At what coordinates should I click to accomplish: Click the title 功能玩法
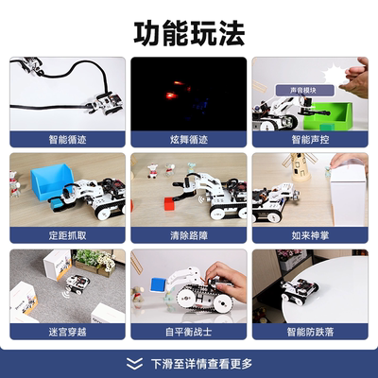(x=189, y=32)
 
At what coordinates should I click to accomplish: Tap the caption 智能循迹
(x=68, y=139)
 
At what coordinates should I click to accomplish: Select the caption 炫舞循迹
(x=188, y=139)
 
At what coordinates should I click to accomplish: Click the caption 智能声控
(x=309, y=139)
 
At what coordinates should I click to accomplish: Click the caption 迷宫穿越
(x=68, y=332)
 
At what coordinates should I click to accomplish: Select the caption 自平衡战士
(x=188, y=332)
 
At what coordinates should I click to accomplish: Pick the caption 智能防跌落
(x=309, y=332)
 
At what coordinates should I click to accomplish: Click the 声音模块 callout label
(x=289, y=91)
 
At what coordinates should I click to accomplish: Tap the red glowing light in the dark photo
(x=171, y=95)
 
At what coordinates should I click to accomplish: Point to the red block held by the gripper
(x=170, y=201)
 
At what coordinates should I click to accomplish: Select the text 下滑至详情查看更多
(x=201, y=362)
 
